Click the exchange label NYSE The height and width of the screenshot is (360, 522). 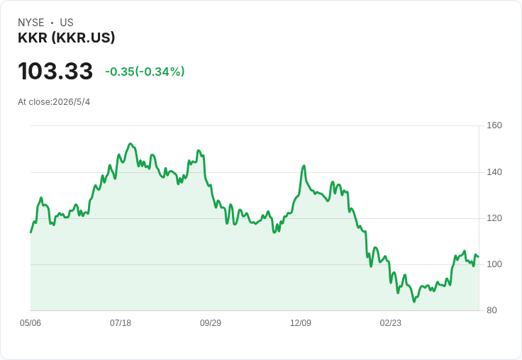coord(31,23)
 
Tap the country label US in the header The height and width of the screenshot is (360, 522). coord(67,23)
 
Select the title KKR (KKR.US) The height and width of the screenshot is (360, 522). coord(66,38)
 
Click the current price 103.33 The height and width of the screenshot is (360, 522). coord(55,71)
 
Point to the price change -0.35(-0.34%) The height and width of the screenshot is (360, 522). coord(145,72)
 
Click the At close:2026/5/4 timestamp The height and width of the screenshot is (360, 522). coord(54,102)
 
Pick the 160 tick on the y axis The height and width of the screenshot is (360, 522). coord(494,125)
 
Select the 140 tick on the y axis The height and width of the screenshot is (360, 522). coord(494,172)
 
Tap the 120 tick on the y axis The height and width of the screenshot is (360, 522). coord(494,218)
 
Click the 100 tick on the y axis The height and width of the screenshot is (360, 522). coord(494,264)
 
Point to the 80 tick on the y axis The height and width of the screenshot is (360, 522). coord(492,310)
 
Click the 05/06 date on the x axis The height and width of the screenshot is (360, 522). coord(30,323)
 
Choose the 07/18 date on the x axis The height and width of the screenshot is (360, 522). coord(121,323)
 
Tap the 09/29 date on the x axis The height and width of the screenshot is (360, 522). coord(211,323)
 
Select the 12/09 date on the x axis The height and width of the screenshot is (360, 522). coord(301,323)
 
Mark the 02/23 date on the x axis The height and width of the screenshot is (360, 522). coord(391,323)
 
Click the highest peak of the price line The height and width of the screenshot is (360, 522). coord(130,144)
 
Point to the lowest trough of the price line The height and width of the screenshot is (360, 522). coord(414,301)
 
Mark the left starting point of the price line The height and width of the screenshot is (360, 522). coord(31,232)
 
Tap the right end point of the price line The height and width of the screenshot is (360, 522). coord(479,257)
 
